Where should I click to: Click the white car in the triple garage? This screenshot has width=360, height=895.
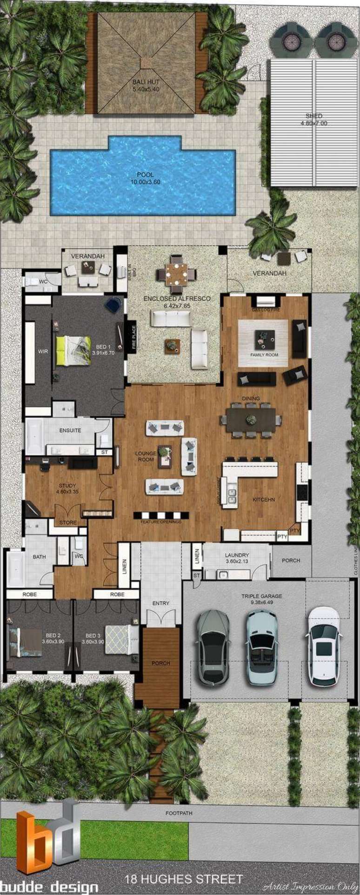[x=324, y=646]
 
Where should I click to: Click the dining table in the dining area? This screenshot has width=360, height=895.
[x=251, y=420]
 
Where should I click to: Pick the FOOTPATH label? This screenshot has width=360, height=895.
[x=179, y=813]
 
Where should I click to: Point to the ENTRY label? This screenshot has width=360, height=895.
[x=161, y=603]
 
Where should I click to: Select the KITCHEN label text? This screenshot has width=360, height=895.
[x=264, y=499]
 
